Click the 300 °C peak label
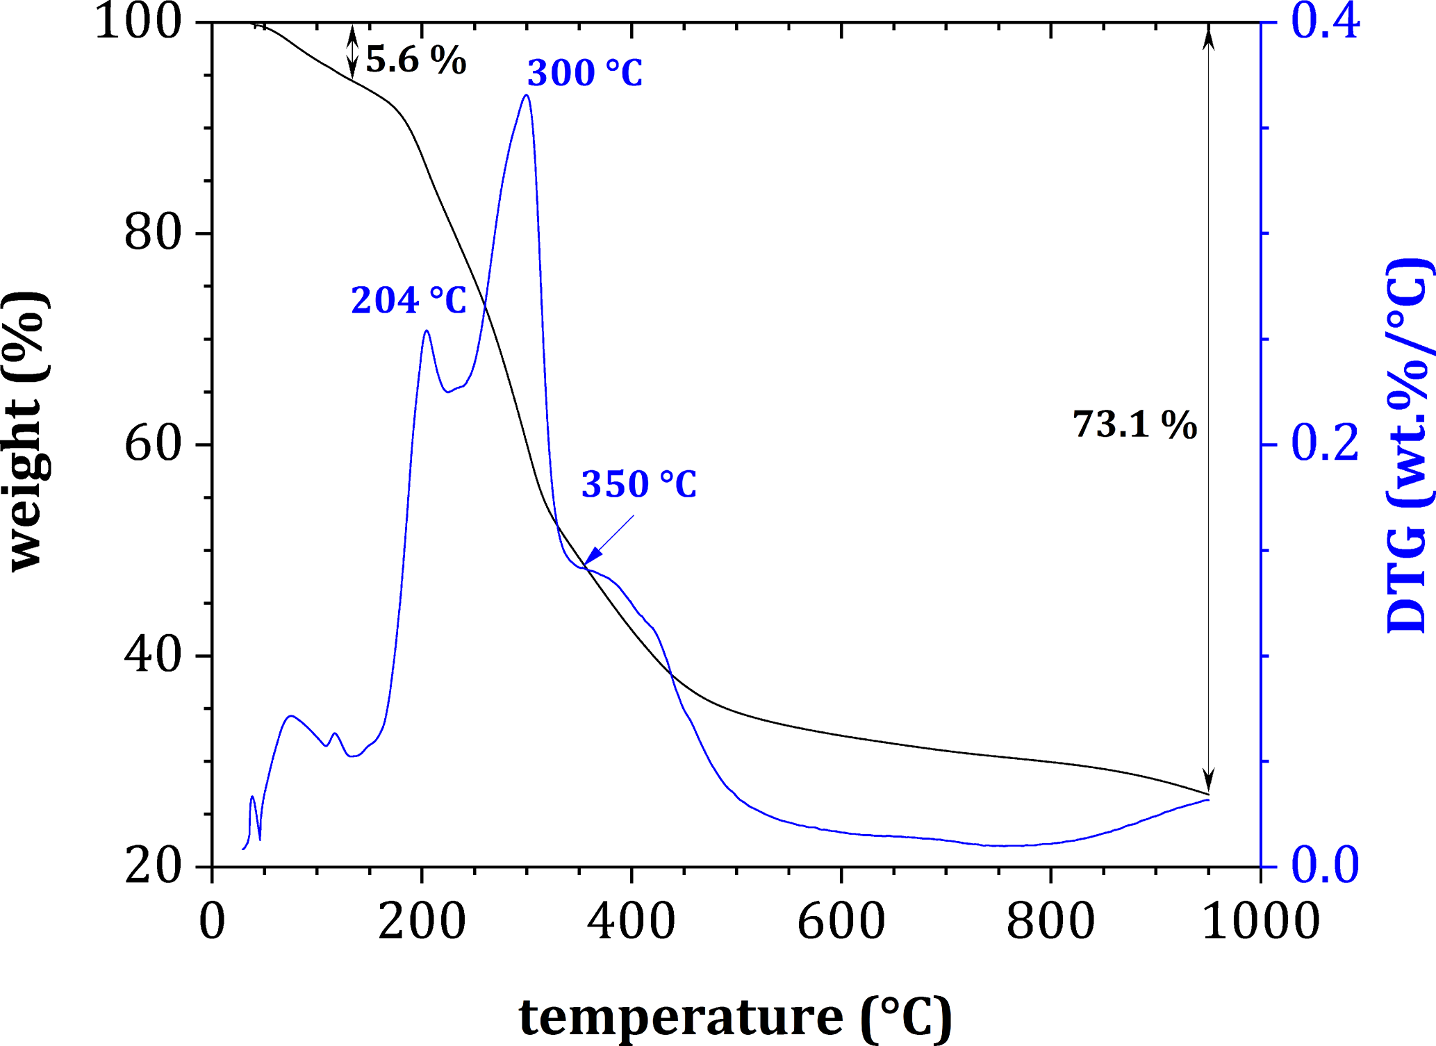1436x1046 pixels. click(x=585, y=73)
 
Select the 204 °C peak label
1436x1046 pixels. click(x=408, y=301)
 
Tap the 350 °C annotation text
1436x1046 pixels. click(x=638, y=484)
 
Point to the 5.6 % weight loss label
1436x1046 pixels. click(x=415, y=60)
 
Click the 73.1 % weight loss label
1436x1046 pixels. click(x=1135, y=424)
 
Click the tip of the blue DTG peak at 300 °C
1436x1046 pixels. click(x=527, y=95)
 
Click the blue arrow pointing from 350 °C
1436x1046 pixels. click(x=609, y=540)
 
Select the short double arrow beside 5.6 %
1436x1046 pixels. click(x=352, y=52)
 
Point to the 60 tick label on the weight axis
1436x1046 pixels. click(x=153, y=445)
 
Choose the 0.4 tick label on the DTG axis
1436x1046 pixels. click(x=1324, y=22)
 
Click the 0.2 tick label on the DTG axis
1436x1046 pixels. click(x=1324, y=445)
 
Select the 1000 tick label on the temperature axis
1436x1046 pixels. click(x=1260, y=922)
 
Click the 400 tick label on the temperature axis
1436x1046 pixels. click(x=631, y=922)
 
